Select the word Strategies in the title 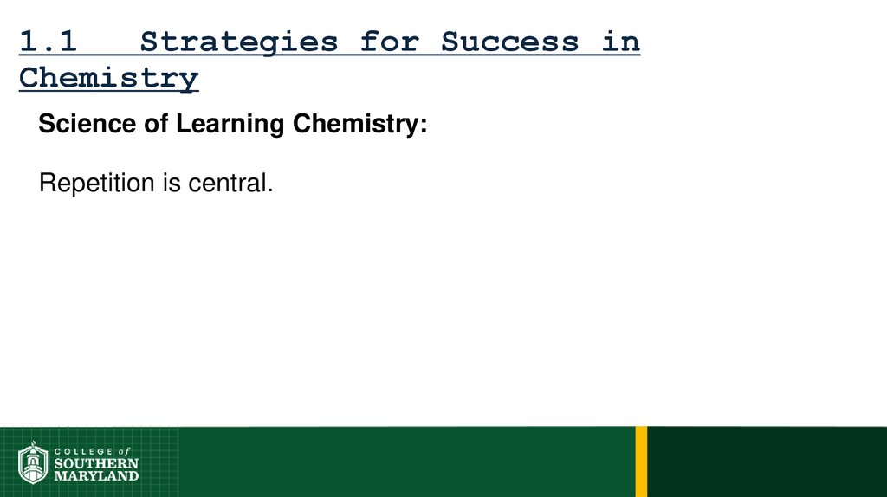pyautogui.click(x=239, y=42)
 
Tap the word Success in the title pyautogui.click(x=509, y=42)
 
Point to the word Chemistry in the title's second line pyautogui.click(x=109, y=78)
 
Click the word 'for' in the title pyautogui.click(x=389, y=42)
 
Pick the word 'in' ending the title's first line pyautogui.click(x=621, y=42)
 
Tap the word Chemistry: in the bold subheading pyautogui.click(x=359, y=124)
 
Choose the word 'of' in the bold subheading pyautogui.click(x=156, y=124)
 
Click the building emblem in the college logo pyautogui.click(x=33, y=463)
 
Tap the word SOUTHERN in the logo pyautogui.click(x=95, y=463)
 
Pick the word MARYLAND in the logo pyautogui.click(x=95, y=475)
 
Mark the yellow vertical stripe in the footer pyautogui.click(x=641, y=461)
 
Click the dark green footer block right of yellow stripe pyautogui.click(x=767, y=461)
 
